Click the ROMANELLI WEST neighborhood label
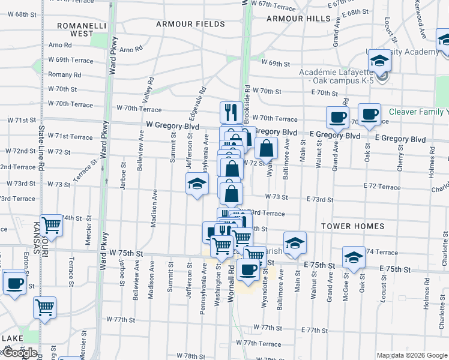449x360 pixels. pos(82,30)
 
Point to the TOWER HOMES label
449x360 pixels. pos(352,226)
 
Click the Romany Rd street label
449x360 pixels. pos(65,75)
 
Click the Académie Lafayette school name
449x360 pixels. pos(333,73)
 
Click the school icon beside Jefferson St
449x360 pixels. pos(196,185)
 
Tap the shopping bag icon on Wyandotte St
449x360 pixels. pos(266,148)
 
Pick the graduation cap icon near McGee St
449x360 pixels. pos(354,257)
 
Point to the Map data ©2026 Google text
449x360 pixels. pos(411,355)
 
